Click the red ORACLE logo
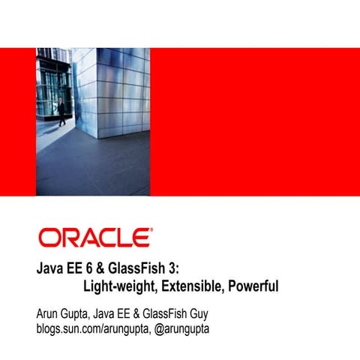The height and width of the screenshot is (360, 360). click(x=94, y=238)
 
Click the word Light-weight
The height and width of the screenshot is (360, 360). click(x=116, y=286)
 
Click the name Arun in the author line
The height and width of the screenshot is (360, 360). click(x=48, y=313)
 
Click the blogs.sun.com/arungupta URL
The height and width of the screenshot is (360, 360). click(x=90, y=328)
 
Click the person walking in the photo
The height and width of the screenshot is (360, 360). click(x=61, y=110)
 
